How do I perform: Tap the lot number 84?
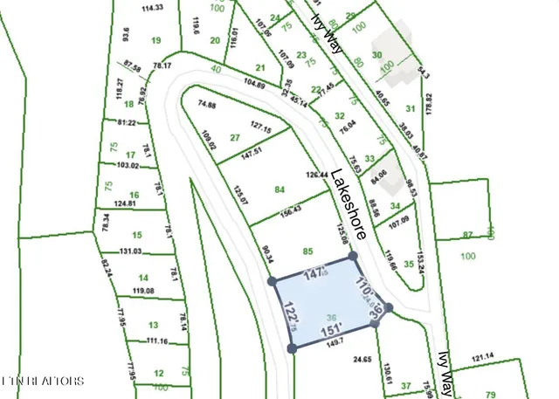coord(279,189)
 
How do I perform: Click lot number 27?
coord(234,137)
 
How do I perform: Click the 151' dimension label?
coord(332,332)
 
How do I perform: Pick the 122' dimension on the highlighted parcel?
coord(288,314)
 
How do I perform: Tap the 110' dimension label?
coord(363,288)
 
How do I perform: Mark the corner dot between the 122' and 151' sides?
coord(292,348)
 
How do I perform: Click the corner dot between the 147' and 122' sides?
coord(271,281)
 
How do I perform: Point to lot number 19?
coord(156,40)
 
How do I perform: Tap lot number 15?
coord(136,235)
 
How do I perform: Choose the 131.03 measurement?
coord(131,251)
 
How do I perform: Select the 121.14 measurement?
coord(483,356)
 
